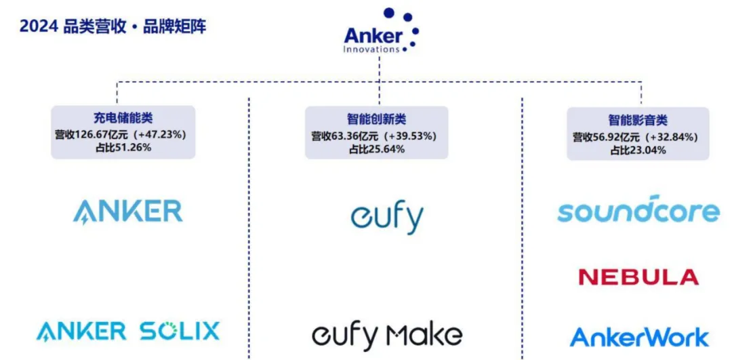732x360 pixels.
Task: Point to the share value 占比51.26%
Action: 123,147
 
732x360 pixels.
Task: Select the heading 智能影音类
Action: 637,121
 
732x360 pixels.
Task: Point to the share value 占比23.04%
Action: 637,150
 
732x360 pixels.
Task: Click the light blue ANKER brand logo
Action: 127,212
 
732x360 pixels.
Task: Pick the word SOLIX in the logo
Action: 180,332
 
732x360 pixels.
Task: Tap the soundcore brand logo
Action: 638,209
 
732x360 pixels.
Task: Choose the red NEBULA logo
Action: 638,277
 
